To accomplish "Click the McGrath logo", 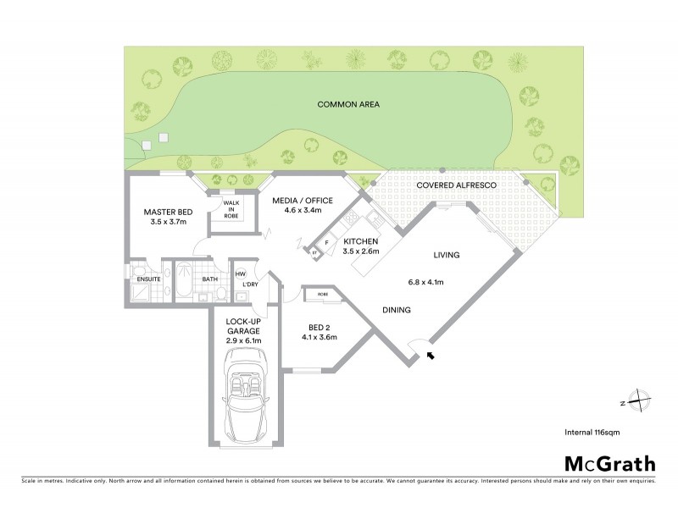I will point(609,463).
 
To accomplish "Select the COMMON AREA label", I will point(347,104).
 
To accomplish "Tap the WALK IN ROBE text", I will point(231,210).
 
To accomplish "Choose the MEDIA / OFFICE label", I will point(302,201).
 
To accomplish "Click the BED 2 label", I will point(319,327).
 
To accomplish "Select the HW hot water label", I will point(240,273).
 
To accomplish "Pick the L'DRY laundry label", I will point(250,284).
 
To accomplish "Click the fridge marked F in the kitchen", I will point(326,242).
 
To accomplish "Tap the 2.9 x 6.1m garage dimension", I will point(244,340).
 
